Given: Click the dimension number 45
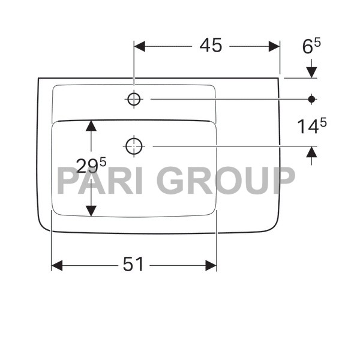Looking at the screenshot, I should point(211,46).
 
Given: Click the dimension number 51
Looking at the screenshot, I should point(133,265).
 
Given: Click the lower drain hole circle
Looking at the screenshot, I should point(133,145).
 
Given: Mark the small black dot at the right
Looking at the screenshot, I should point(311,98).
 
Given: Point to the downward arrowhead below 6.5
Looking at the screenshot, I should point(311,72).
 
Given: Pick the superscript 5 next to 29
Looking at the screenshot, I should point(103,160).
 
